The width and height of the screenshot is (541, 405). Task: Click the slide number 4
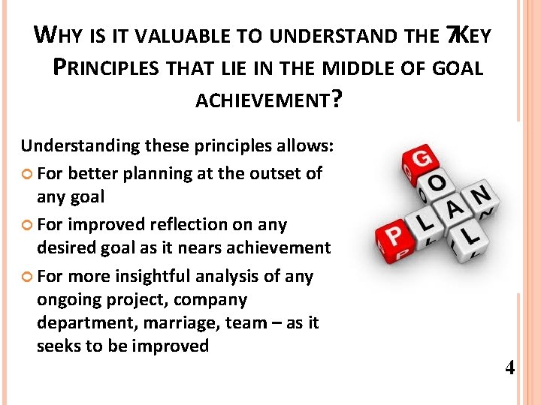[510, 368]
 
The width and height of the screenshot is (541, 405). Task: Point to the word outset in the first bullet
[274, 173]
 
